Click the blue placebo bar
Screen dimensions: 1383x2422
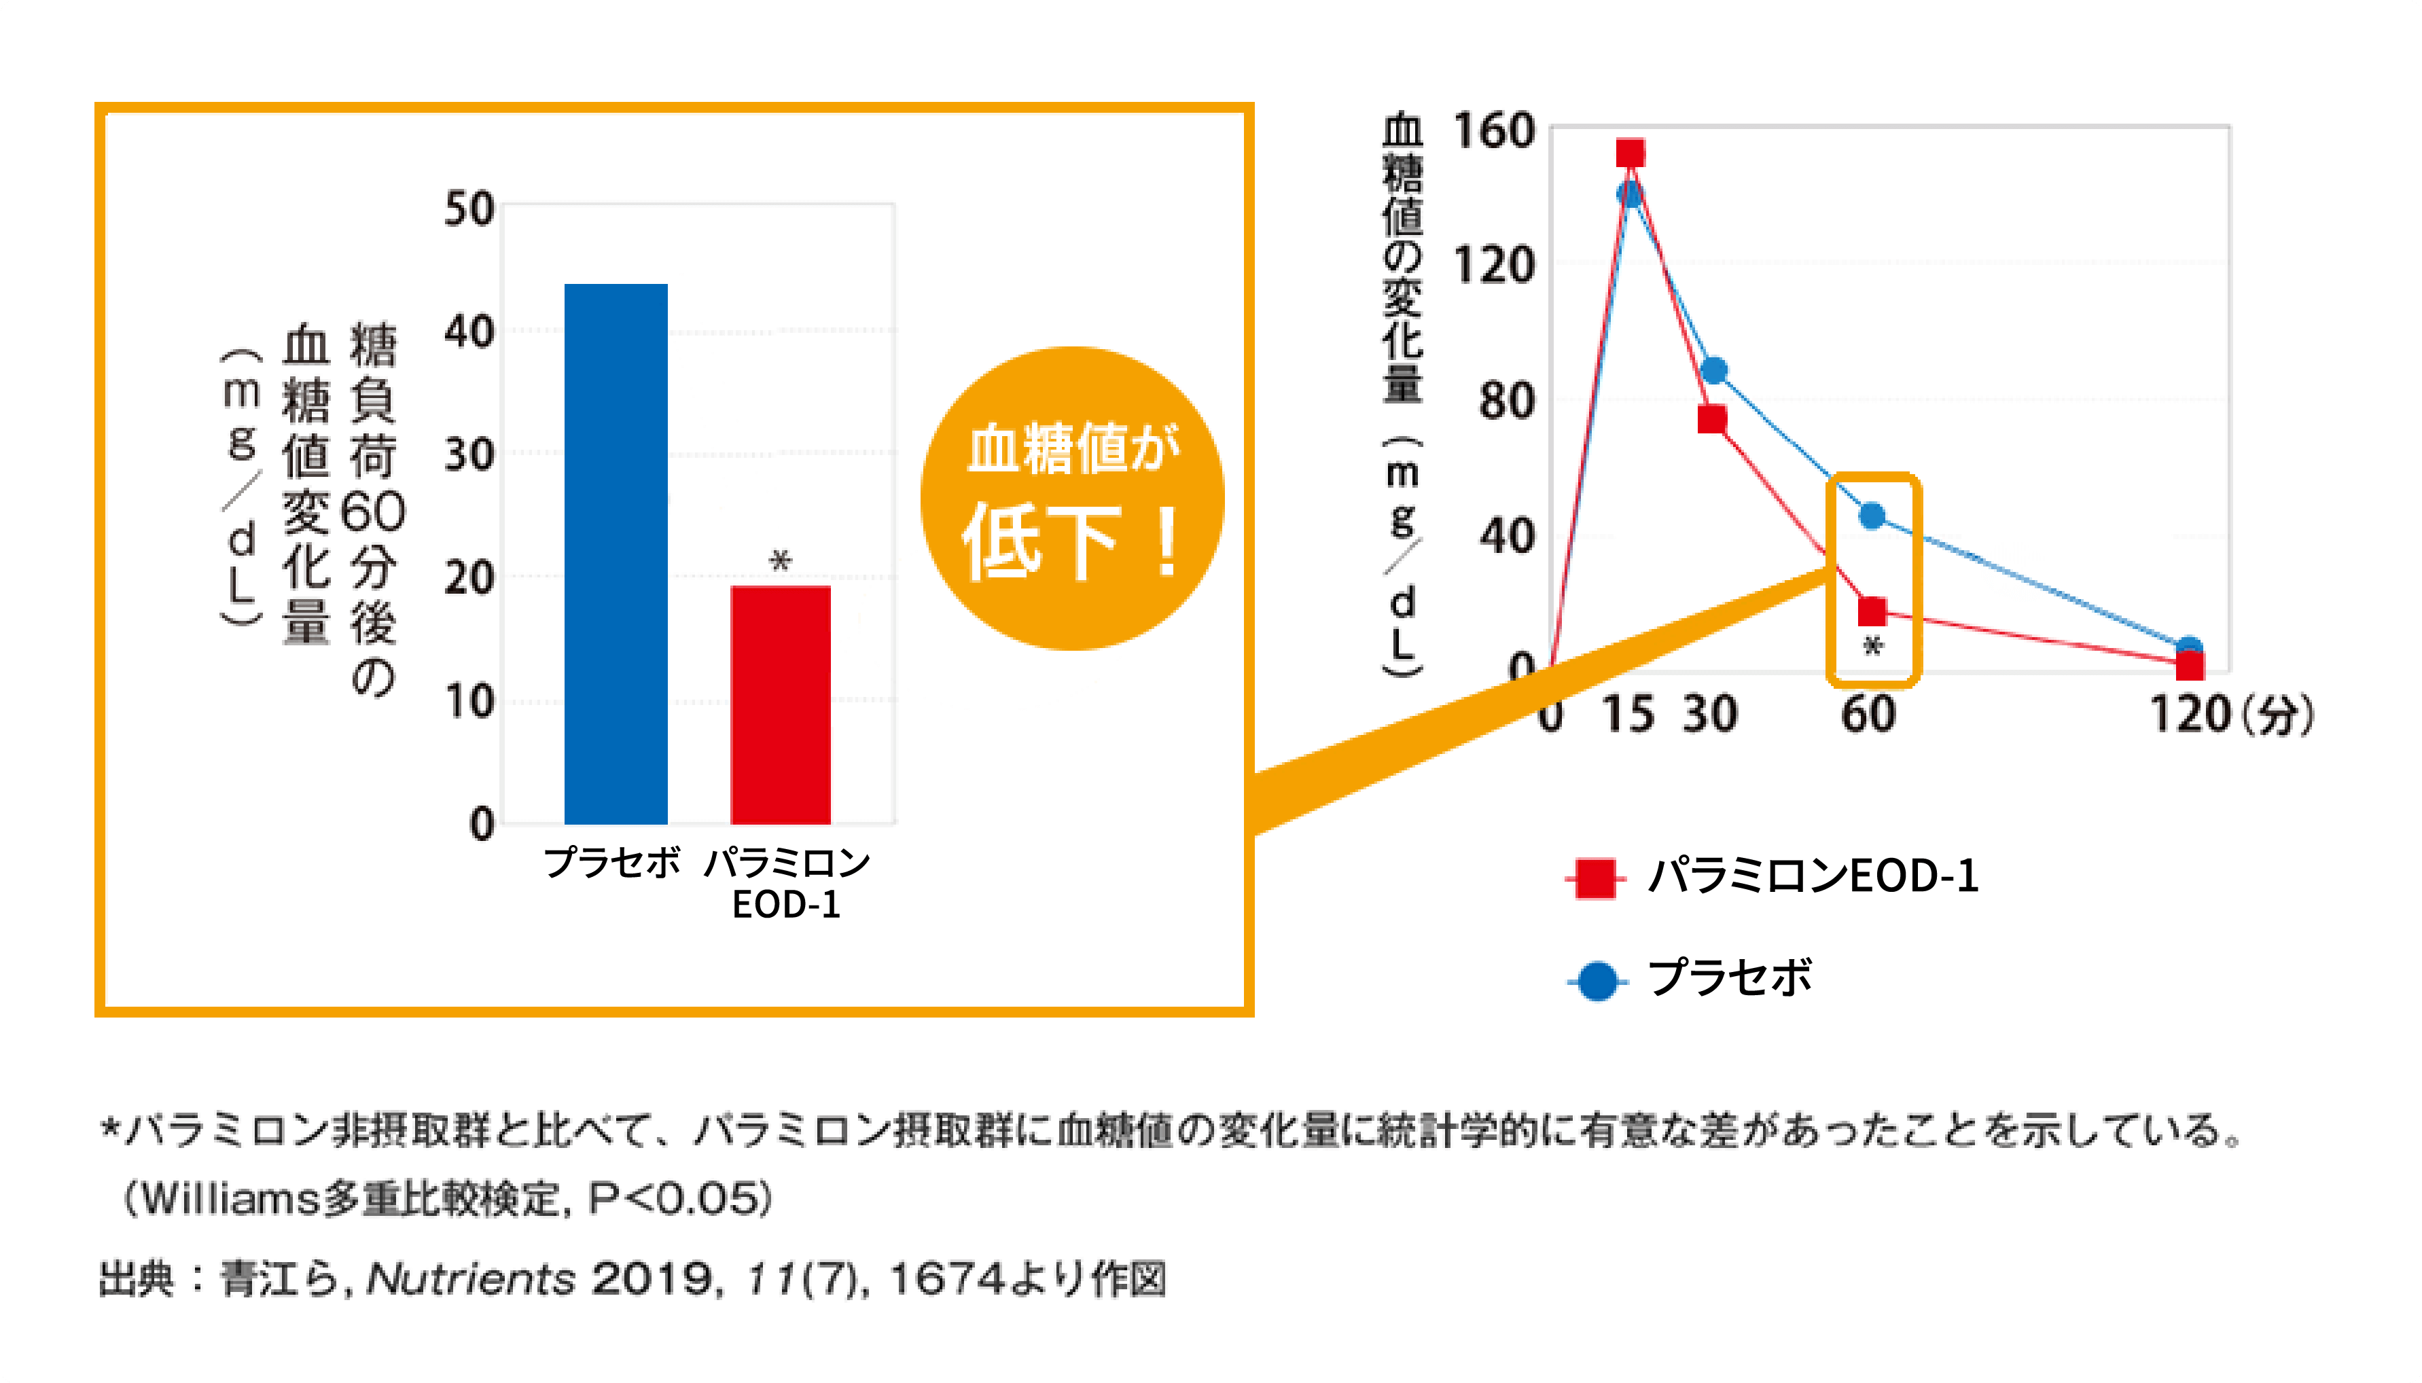[616, 553]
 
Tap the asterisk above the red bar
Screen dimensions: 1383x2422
[780, 560]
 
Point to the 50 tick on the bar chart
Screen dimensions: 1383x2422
[469, 209]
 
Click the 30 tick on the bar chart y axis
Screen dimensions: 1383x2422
[469, 455]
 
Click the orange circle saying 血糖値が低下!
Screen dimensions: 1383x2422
[1072, 499]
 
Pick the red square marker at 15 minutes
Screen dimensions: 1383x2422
[1631, 153]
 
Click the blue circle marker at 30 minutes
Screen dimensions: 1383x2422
[1714, 370]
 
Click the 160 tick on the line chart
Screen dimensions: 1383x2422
[1494, 131]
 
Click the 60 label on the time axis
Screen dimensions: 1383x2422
[1868, 715]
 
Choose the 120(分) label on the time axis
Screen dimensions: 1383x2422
[2231, 715]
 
